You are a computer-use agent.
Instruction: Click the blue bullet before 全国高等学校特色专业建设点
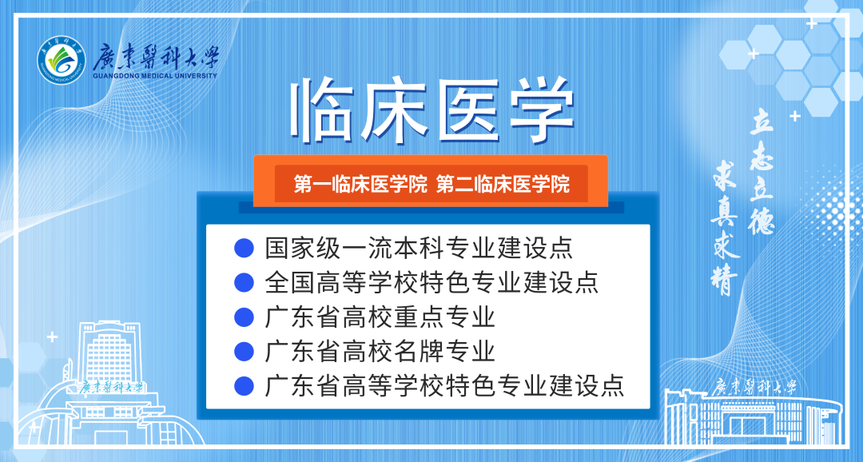pyautogui.click(x=244, y=282)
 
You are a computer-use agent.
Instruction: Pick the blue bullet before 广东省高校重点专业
pyautogui.click(x=244, y=317)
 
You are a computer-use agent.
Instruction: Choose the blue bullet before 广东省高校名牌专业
pyautogui.click(x=244, y=352)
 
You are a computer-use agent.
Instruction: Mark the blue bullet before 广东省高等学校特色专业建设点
pyautogui.click(x=244, y=386)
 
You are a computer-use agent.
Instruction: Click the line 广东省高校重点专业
pyautogui.click(x=380, y=317)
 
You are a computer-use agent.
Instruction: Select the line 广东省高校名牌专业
pyautogui.click(x=380, y=352)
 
